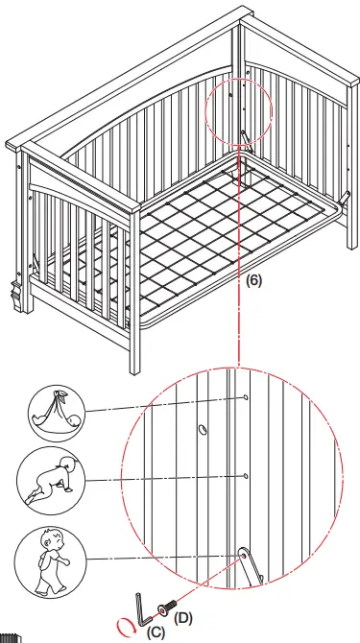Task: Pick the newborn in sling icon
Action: [x=55, y=408]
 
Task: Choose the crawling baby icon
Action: [x=54, y=477]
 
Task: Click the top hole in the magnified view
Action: [x=248, y=396]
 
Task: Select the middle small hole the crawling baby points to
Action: [x=248, y=475]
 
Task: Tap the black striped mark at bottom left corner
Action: [x=10, y=635]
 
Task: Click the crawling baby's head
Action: [x=67, y=466]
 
